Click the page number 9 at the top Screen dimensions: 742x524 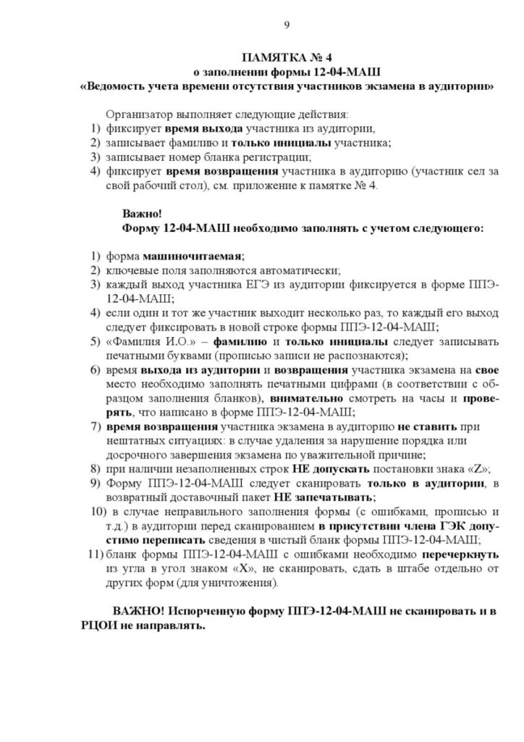click(x=287, y=27)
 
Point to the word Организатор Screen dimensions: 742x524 click(x=138, y=114)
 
